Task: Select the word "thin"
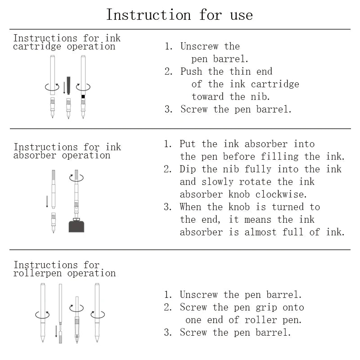[240, 71]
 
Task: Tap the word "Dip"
[188, 169]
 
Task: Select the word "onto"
[293, 307]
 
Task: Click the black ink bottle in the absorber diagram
[76, 225]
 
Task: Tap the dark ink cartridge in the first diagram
[68, 85]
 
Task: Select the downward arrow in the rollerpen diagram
[56, 331]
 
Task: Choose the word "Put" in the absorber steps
[188, 144]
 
